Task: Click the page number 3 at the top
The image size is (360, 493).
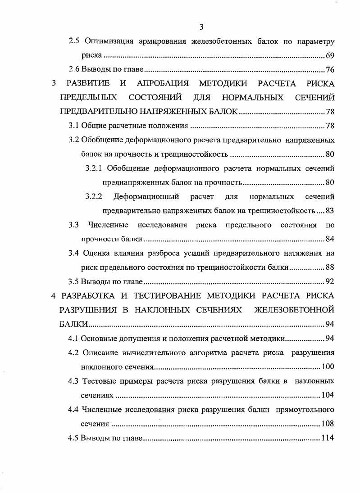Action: [x=201, y=27]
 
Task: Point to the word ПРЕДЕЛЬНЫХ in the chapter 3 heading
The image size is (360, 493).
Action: [x=89, y=98]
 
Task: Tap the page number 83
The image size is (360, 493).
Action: [x=329, y=211]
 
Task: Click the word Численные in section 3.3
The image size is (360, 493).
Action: [x=109, y=225]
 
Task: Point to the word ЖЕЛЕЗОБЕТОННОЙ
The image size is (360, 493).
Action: [x=294, y=310]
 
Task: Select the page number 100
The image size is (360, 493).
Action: [x=327, y=366]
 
